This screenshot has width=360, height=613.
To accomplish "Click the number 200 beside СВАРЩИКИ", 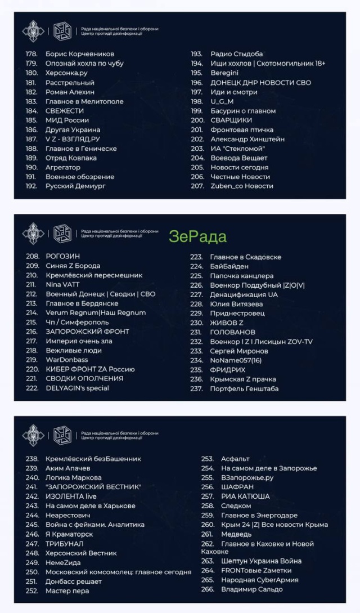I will [197, 120].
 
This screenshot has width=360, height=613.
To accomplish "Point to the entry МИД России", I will [67, 120].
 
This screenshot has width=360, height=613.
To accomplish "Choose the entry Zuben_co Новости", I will [242, 186].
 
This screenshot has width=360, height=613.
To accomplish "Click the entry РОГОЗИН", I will [62, 256].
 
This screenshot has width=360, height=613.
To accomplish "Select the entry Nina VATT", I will [62, 285].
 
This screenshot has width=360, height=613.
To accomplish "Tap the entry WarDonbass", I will [66, 360].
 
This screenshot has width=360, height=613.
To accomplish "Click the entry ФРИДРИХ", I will [227, 370].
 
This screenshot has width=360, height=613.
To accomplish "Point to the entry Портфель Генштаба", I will [244, 388].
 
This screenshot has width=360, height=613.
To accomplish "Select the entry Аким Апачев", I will [67, 468].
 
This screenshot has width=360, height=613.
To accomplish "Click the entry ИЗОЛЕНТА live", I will [71, 496].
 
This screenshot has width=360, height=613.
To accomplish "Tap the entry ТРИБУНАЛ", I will [64, 544].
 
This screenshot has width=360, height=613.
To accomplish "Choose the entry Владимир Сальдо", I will [251, 589].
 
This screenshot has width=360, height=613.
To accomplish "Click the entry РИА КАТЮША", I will [245, 496].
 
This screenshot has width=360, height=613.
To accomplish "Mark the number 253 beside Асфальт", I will [208, 459].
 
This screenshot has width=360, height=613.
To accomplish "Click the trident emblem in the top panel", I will [33, 32].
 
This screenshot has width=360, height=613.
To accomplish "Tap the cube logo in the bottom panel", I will [62, 435].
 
